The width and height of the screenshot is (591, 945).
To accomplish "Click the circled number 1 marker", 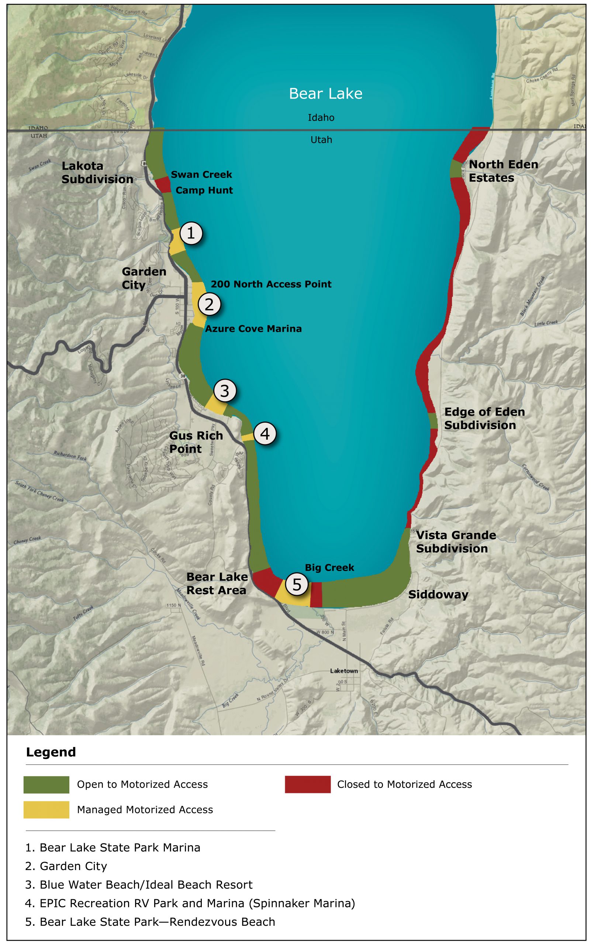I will pos(191,233).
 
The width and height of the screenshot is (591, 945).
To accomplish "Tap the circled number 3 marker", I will pos(224,390).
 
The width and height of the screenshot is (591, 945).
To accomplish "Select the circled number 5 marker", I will pos(297,584).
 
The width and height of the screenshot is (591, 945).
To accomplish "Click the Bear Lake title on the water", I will pos(325,93).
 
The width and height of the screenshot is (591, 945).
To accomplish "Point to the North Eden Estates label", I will pos(503,171).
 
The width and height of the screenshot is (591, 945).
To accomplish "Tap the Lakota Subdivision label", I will pos(97,172).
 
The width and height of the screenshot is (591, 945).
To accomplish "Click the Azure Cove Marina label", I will pos(253,329).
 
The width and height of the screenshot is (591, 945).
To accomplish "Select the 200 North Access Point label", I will pos(271,284).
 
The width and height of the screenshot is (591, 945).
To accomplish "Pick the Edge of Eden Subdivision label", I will pos(484,418).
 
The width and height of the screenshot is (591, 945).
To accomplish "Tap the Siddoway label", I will pos(438,595).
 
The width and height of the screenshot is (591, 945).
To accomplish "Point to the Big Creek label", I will pos(329,567).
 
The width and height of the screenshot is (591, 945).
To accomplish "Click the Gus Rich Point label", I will pos(196,442).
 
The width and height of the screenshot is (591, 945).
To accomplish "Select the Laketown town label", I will pos(343,670).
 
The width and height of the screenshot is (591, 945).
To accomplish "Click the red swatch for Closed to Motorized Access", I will pos(307,784).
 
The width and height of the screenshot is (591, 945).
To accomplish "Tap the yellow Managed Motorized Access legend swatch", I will pos(46,810).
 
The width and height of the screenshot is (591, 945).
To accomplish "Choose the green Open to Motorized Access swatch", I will pos(46,785).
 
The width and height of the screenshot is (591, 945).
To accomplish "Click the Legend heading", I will pos(51,752).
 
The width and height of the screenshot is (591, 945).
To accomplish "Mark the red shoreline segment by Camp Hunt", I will pos(163,185).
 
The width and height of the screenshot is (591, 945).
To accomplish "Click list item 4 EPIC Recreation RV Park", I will pos(190,903).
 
